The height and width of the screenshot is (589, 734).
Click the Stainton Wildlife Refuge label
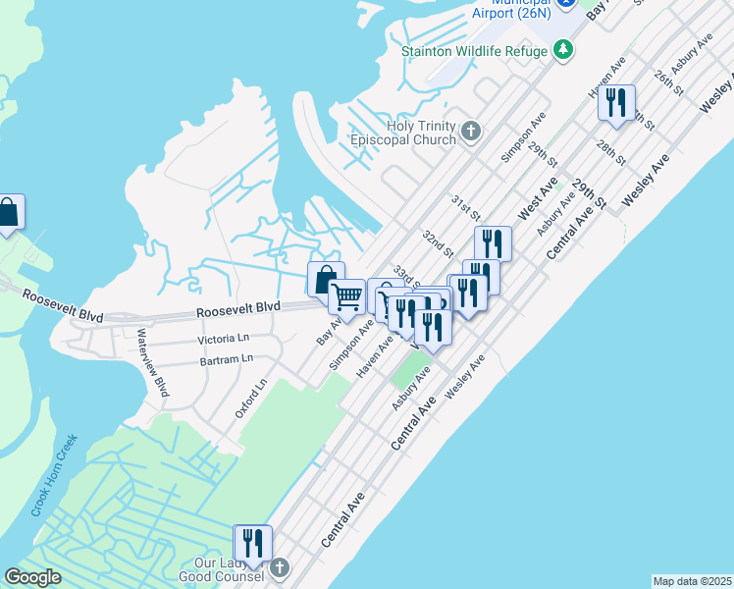[474, 49]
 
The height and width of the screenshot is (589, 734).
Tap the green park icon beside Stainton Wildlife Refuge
[563, 49]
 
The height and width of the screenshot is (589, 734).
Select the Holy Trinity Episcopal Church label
[407, 133]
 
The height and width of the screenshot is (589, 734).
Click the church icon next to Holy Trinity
[471, 131]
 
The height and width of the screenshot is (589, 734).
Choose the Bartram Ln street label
[225, 360]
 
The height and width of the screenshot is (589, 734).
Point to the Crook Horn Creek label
[53, 476]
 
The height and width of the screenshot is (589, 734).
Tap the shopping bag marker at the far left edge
[8, 212]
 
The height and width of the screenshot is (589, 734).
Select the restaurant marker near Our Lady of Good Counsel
[252, 543]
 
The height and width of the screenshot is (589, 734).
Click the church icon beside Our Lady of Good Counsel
[279, 567]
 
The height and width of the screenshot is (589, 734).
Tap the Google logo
[33, 577]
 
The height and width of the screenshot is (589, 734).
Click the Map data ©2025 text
[692, 581]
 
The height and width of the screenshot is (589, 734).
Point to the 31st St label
[465, 207]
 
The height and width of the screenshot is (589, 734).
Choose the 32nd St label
[437, 244]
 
